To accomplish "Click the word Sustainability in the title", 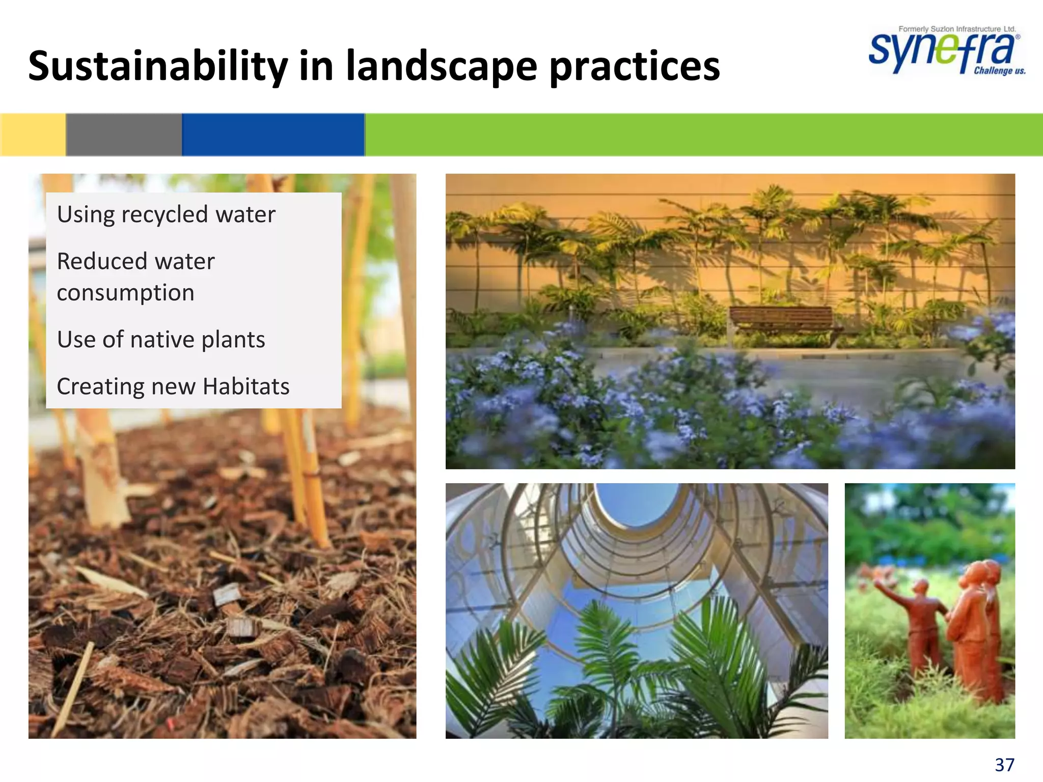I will click(158, 66).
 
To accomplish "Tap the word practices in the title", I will click(635, 66).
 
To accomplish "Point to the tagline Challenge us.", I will click(999, 71).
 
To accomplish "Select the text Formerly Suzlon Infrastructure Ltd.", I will click(957, 29).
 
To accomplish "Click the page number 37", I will click(1004, 765).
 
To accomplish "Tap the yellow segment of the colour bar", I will click(33, 134).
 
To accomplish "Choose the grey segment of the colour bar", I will click(124, 134).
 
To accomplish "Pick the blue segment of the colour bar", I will click(273, 134).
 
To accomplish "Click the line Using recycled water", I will click(166, 214).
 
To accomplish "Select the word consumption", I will click(125, 293).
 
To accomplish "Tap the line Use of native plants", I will click(161, 340).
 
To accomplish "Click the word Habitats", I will click(246, 386).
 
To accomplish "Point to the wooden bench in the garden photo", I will click(782, 321).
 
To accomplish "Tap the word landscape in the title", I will click(441, 66).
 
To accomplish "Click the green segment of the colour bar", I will click(703, 134).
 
